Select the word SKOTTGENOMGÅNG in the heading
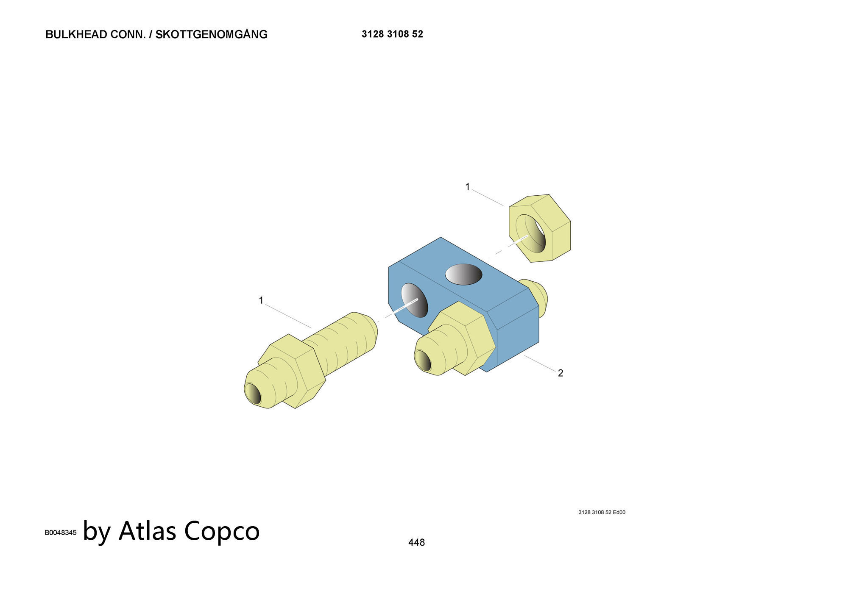[212, 34]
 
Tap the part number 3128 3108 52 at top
[392, 34]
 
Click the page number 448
[416, 542]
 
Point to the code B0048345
[61, 532]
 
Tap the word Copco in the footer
[222, 532]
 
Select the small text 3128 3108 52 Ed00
[602, 512]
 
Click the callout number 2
[561, 373]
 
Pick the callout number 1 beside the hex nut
[468, 187]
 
